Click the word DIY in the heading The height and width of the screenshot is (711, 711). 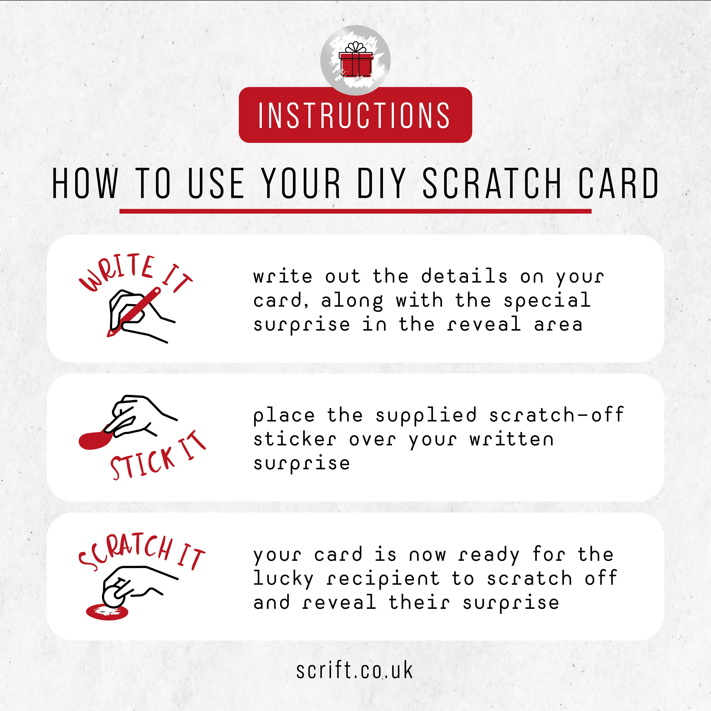(381, 183)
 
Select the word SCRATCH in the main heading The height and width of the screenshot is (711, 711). (492, 183)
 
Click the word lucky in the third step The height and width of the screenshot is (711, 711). (283, 579)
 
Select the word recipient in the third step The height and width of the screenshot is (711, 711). (383, 579)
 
